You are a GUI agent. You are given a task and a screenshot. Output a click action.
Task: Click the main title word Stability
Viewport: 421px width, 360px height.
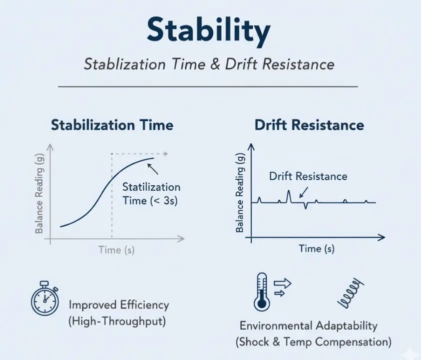(x=208, y=31)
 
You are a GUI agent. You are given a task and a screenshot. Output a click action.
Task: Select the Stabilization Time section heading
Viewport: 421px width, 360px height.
(x=112, y=124)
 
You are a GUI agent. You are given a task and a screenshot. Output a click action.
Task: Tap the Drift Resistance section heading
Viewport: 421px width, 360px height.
(x=309, y=124)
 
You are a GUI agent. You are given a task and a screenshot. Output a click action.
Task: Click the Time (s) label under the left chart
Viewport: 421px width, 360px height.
(x=116, y=250)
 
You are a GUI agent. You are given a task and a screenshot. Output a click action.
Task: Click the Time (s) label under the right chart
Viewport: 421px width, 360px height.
(x=317, y=248)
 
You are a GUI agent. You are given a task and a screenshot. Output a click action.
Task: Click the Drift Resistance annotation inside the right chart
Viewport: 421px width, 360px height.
(x=308, y=176)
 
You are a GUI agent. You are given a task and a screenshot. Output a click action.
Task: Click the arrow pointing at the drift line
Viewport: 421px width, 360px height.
(x=304, y=192)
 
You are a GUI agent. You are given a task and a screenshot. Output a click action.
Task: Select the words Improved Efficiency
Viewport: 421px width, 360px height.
(x=119, y=305)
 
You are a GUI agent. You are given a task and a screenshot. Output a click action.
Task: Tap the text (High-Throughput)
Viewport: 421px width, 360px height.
(x=117, y=321)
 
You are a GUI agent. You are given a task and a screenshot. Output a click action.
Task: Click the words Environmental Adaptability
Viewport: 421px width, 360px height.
(x=308, y=326)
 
